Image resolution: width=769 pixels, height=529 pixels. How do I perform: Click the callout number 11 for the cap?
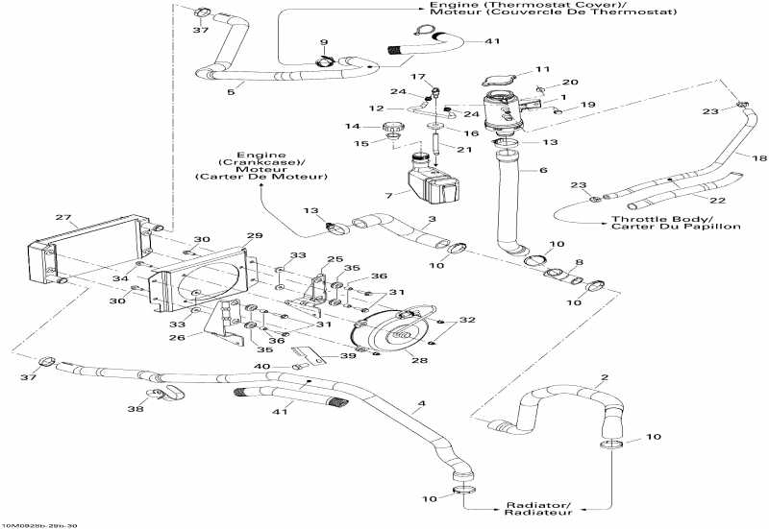coord(543,70)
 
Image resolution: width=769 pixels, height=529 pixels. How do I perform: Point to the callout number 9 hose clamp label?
coord(323,43)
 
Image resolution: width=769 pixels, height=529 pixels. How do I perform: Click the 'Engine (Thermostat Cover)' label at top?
coord(458,12)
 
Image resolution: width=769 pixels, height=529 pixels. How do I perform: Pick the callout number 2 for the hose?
coord(604,376)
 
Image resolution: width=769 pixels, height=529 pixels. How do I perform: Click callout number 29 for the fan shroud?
coord(254,235)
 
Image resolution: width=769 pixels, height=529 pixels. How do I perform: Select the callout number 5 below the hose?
coord(230,92)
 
